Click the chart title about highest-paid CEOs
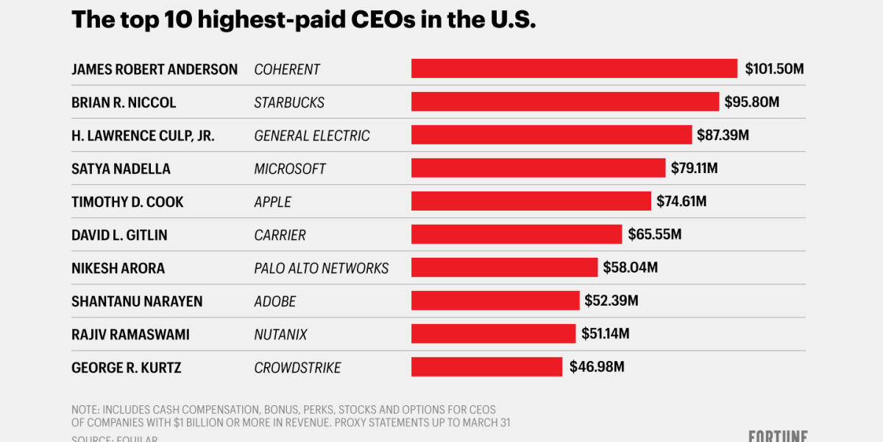[303, 20]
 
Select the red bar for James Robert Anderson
[574, 69]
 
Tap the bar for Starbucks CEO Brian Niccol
[564, 102]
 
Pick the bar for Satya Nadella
[538, 168]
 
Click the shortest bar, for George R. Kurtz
[486, 367]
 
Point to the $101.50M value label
[774, 69]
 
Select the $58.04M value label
[630, 267]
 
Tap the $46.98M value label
[597, 367]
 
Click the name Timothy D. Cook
[127, 202]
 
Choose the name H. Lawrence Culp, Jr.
[143, 136]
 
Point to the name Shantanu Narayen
[137, 301]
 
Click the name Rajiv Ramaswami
[130, 334]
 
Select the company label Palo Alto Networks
[321, 268]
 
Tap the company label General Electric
[312, 136]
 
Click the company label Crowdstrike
[297, 368]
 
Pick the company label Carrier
[280, 235]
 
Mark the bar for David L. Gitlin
[517, 234]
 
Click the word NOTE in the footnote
[85, 410]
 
